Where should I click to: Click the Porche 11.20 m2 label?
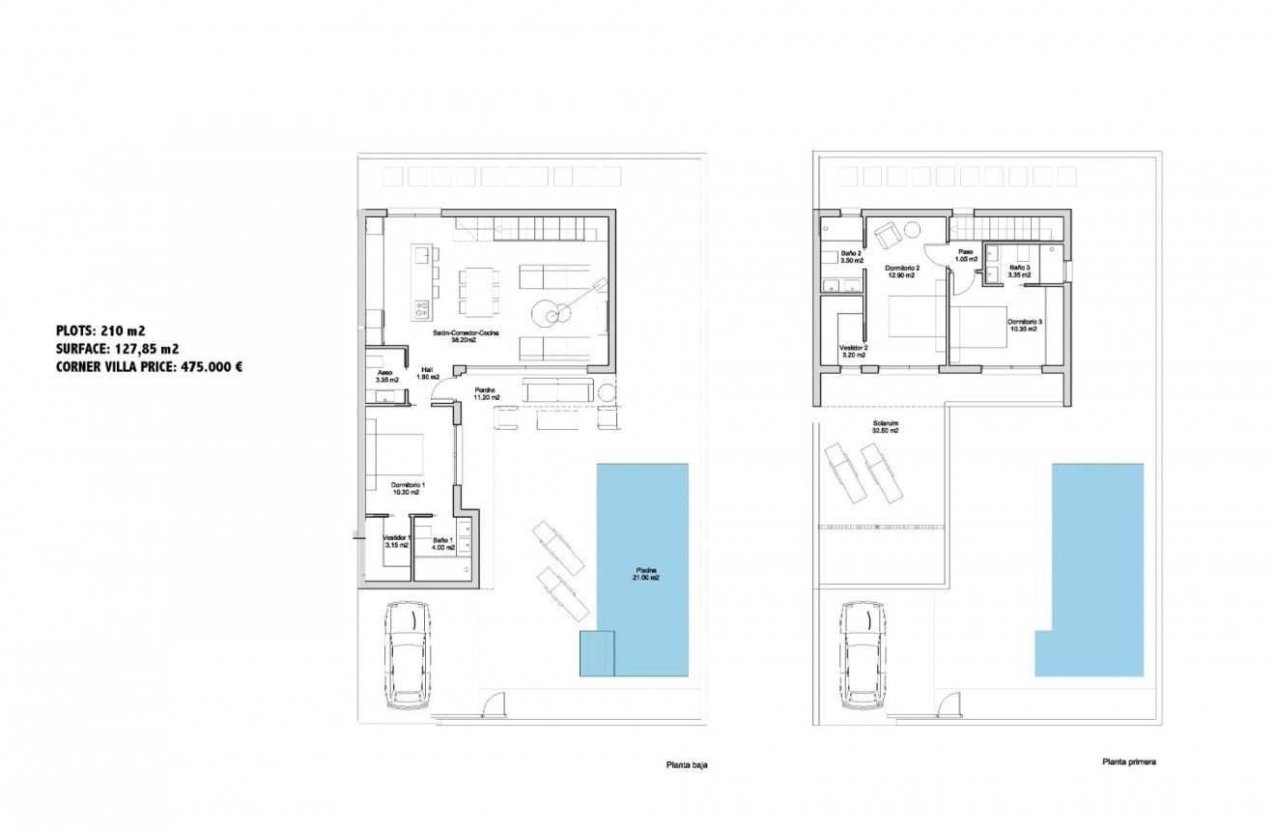tap(487, 393)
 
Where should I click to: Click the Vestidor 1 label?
tap(396, 541)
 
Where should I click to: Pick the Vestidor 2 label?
tap(853, 351)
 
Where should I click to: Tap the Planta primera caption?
tap(1128, 761)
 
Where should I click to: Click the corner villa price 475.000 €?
tap(149, 367)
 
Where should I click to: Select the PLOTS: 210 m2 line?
tap(100, 330)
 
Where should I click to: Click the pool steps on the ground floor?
tap(597, 653)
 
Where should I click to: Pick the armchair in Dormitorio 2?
tap(887, 233)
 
